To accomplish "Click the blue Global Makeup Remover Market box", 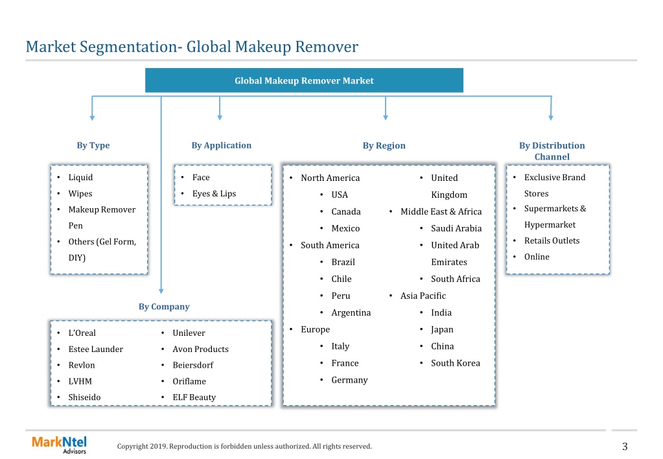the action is click(x=304, y=80).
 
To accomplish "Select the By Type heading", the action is click(x=93, y=145).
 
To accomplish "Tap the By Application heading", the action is click(x=221, y=145).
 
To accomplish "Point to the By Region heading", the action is click(x=384, y=145).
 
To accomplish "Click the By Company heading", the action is click(x=164, y=307).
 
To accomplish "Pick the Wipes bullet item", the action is click(x=80, y=194).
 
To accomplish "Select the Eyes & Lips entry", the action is click(x=214, y=194).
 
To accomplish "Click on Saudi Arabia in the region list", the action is click(x=456, y=228).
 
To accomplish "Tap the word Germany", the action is click(x=349, y=381).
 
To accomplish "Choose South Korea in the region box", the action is click(x=456, y=363).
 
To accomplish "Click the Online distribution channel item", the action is click(x=537, y=257).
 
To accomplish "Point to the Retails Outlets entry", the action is click(x=552, y=241).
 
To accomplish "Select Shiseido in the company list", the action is click(x=84, y=397).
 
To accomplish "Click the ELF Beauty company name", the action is click(x=194, y=397).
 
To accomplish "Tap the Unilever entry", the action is click(x=189, y=333).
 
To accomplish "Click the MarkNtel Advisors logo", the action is click(x=59, y=445).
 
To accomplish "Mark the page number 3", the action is click(x=625, y=446).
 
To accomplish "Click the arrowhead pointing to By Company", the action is click(x=161, y=291).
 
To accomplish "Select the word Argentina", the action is click(x=351, y=312).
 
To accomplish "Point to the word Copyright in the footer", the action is click(x=133, y=446).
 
